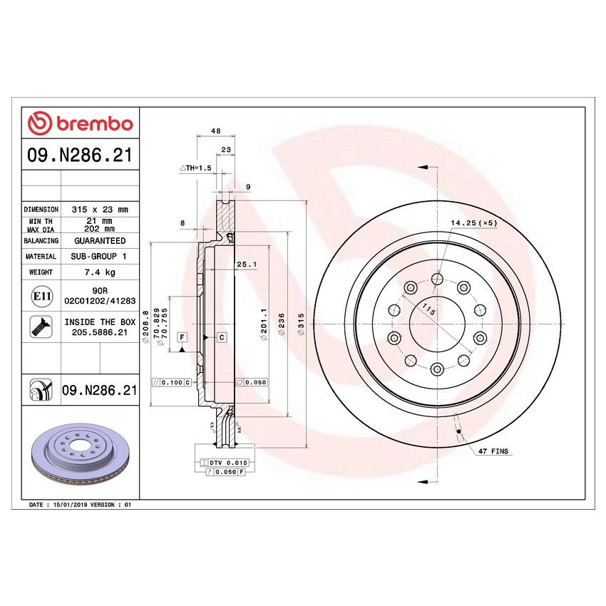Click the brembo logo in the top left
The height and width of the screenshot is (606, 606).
coord(80,123)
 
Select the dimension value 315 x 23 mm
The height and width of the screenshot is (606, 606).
coord(100,210)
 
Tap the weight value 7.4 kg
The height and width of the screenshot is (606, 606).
coord(100,272)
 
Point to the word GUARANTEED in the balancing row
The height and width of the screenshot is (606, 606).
coord(100,241)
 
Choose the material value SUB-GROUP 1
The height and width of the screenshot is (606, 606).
coord(100,256)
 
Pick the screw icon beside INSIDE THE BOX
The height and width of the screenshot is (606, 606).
coord(39,327)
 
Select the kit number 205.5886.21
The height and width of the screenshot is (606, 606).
coord(100,332)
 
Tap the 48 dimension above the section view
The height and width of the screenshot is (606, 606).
coord(215,131)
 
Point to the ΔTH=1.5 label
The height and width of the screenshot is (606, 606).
coord(195,168)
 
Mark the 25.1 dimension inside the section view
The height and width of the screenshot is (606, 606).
coord(246,265)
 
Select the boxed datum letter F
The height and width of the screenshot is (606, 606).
coord(182,337)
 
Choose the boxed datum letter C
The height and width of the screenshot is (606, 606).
coord(222,337)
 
